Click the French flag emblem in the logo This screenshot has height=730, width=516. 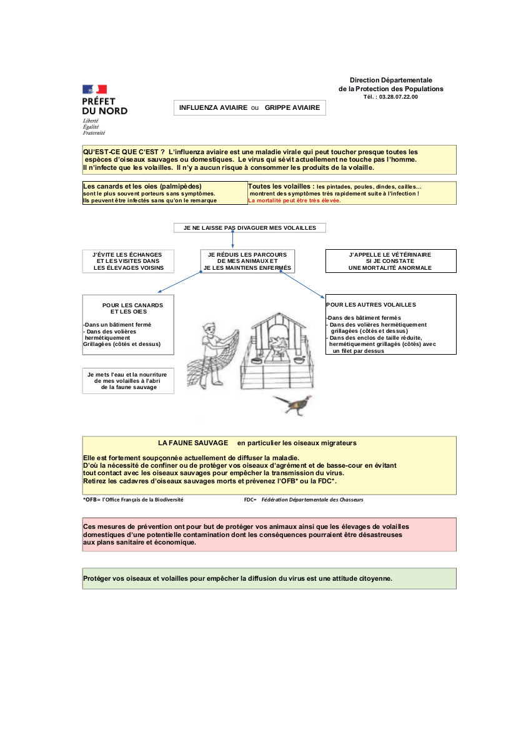94,89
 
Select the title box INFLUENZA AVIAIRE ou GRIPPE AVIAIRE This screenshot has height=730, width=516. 249,108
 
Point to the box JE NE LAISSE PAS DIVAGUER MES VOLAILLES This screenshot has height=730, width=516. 249,228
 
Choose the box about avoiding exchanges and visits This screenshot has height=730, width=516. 128,261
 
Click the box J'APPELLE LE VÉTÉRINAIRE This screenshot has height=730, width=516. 390,261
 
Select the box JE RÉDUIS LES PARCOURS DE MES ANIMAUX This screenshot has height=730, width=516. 247,261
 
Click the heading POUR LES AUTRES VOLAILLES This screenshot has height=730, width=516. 371,305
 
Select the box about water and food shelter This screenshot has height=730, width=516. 128,380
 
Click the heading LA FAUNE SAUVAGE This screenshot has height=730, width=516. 193,443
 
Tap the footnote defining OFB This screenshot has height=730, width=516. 133,500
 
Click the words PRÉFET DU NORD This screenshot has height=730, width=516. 104,106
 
